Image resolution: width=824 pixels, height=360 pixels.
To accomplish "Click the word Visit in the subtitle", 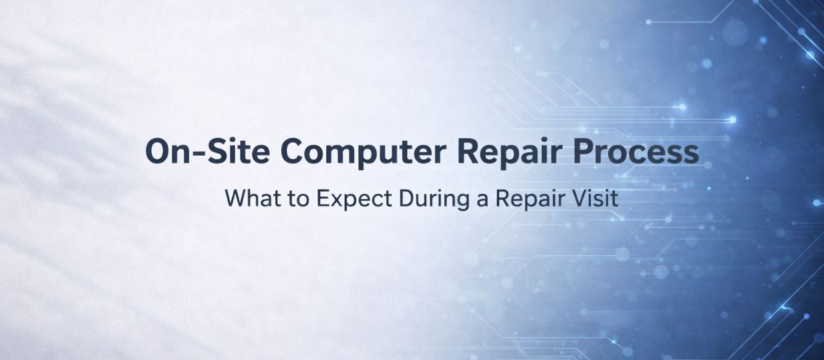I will [589, 198].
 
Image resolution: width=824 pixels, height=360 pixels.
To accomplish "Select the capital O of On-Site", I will [157, 152].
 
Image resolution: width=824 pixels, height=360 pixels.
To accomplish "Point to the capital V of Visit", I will [575, 198].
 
